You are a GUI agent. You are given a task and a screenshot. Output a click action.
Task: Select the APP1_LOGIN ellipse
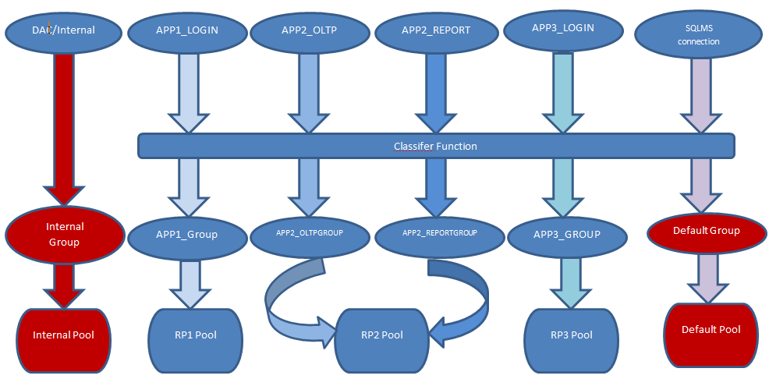187,30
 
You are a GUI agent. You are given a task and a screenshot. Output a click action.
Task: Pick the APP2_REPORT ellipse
435,30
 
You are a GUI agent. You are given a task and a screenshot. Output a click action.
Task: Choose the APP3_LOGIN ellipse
562,28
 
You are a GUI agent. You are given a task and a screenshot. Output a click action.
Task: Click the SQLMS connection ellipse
698,36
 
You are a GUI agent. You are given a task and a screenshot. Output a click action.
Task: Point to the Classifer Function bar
436,146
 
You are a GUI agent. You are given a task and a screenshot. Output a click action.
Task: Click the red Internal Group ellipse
65,234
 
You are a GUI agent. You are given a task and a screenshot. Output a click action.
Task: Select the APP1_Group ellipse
186,234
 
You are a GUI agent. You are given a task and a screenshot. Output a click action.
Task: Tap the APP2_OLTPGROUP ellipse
310,232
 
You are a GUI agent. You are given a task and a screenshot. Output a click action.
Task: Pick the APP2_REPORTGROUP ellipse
439,232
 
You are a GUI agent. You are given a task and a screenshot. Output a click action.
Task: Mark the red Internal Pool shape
63,335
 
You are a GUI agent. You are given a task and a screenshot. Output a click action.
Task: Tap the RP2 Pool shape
381,335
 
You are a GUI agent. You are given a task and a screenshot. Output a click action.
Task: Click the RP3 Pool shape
571,335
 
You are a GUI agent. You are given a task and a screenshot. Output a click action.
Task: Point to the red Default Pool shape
710,330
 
